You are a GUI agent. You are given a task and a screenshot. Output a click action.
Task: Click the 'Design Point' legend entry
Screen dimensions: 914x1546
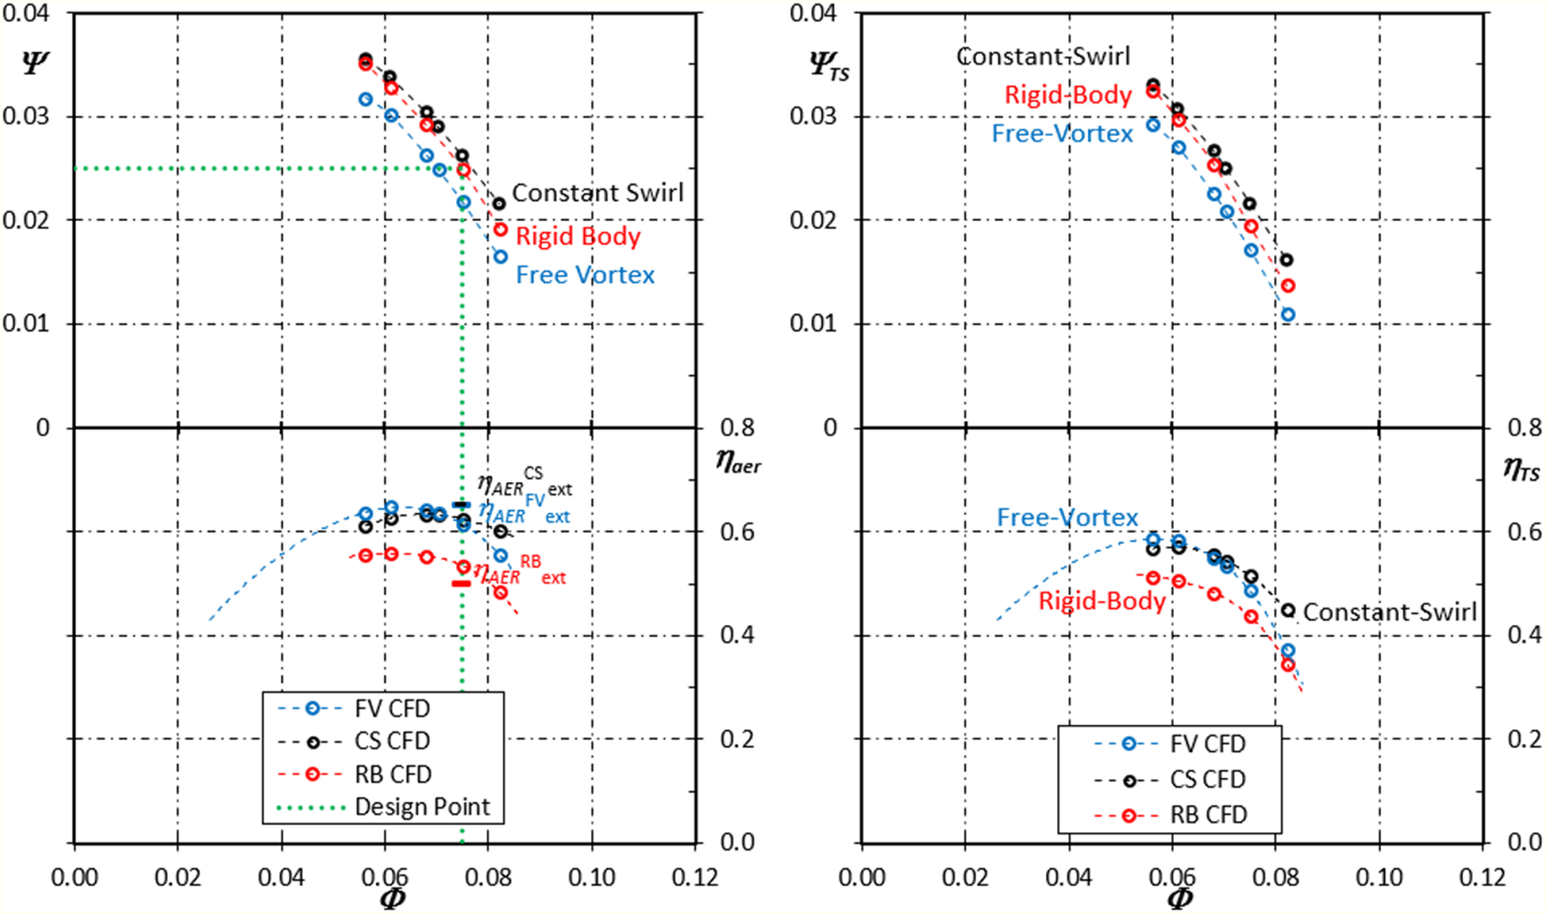[422, 807]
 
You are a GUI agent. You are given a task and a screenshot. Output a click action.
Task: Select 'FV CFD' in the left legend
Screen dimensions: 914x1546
[392, 709]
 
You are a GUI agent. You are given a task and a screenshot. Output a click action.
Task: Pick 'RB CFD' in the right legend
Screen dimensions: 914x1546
[1208, 815]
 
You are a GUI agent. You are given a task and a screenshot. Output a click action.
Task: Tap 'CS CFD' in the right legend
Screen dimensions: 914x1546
[1208, 780]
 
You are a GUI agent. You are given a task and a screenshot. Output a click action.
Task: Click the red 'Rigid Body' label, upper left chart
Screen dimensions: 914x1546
[578, 236]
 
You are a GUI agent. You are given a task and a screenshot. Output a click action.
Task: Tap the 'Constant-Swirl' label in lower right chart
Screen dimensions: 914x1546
[1389, 612]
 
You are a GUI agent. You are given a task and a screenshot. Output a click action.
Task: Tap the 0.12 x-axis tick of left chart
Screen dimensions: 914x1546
[695, 877]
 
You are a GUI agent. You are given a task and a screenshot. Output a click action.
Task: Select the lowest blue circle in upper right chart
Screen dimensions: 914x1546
[1288, 315]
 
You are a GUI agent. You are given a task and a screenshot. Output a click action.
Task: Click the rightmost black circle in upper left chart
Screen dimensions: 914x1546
[500, 203]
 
